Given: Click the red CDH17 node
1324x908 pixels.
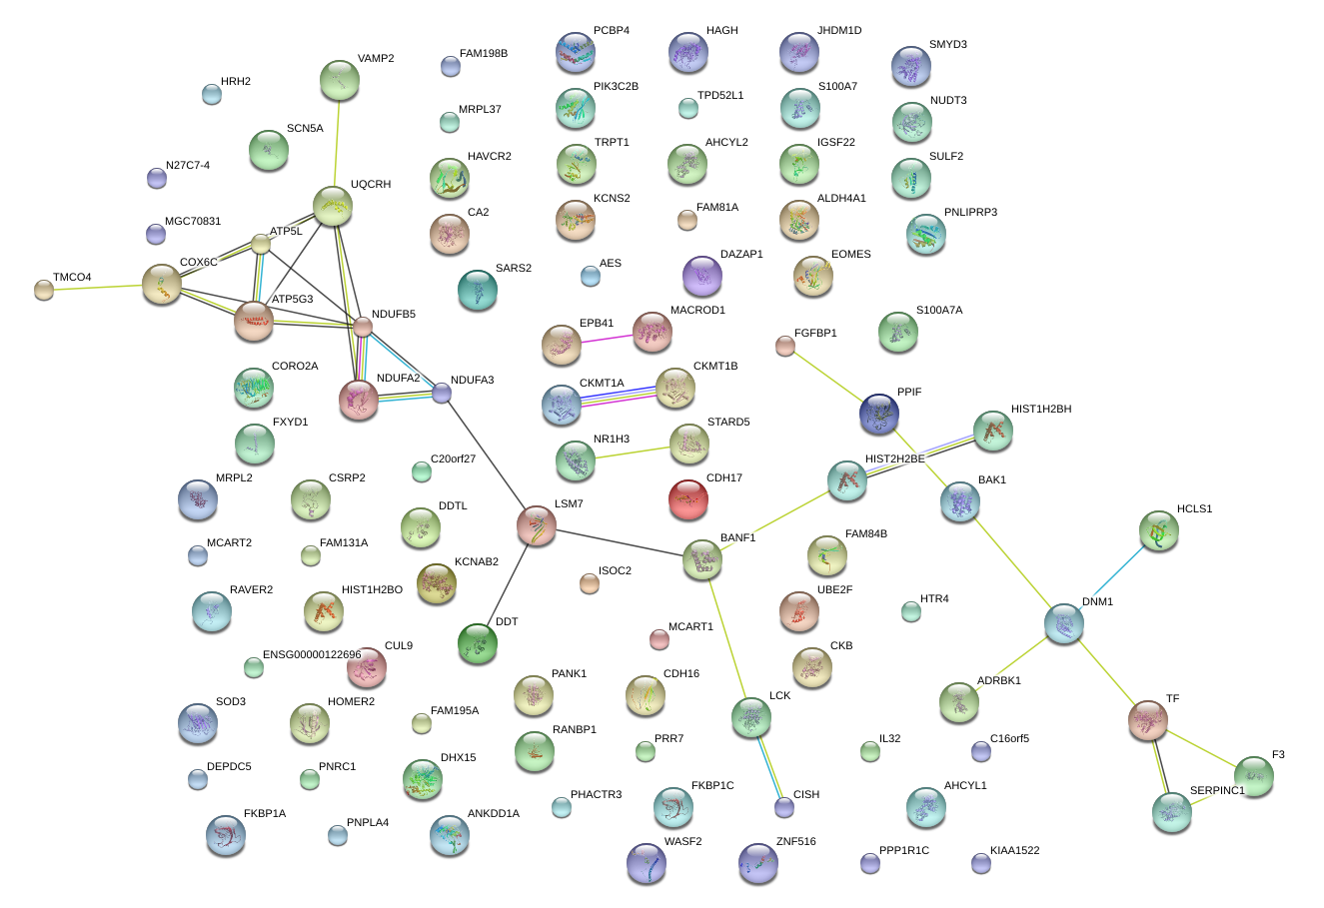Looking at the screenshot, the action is pyautogui.click(x=688, y=499).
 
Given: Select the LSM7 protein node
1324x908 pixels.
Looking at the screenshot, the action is pyautogui.click(x=537, y=525).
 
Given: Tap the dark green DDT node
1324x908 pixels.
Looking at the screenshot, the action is pyautogui.click(x=478, y=643).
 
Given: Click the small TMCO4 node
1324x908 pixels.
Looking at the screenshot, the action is pyautogui.click(x=44, y=290).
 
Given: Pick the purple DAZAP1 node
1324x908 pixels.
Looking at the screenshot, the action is pyautogui.click(x=702, y=276).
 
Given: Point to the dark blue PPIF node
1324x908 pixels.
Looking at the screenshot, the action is pyautogui.click(x=879, y=414).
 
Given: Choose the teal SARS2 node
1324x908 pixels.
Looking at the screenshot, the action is pyautogui.click(x=478, y=290).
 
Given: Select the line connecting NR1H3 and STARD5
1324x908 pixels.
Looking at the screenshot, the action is pyautogui.click(x=633, y=454).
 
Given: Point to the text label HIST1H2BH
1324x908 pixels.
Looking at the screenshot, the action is pyautogui.click(x=1041, y=409).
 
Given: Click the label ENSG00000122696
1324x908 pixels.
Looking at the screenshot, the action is pyautogui.click(x=312, y=654).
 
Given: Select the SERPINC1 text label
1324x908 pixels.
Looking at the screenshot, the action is pyautogui.click(x=1217, y=790).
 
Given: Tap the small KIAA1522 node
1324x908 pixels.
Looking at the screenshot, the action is pyautogui.click(x=981, y=864).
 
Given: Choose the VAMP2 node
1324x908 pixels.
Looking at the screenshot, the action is pyautogui.click(x=340, y=80).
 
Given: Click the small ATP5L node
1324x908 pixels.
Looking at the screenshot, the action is pyautogui.click(x=261, y=244).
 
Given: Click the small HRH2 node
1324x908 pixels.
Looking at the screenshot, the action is pyautogui.click(x=212, y=94).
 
